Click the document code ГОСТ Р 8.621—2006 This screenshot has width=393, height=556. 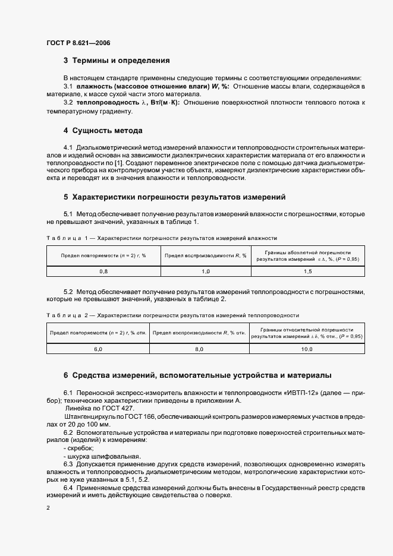78,43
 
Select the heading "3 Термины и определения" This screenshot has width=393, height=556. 117,61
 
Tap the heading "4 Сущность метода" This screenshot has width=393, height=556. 102,130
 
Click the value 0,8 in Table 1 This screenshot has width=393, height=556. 103,271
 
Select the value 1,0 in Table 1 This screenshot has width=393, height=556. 206,271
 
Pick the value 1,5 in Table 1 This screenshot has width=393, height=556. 307,271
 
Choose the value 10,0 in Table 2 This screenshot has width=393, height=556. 306,349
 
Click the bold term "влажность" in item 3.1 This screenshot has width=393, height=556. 94,87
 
